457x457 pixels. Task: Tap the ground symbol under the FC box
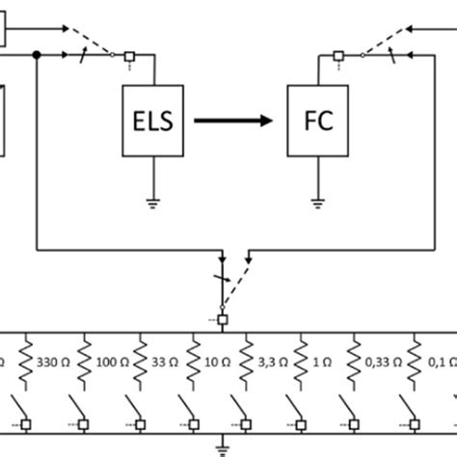(x=317, y=202)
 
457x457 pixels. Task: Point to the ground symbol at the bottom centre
(x=224, y=446)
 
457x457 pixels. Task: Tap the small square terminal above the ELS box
(x=129, y=57)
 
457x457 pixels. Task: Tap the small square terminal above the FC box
(x=337, y=57)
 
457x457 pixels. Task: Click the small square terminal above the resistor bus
(x=223, y=318)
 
